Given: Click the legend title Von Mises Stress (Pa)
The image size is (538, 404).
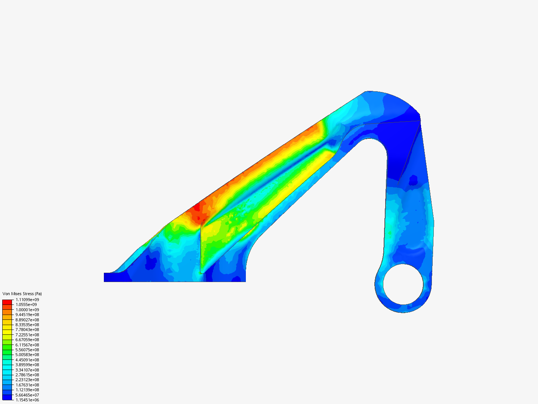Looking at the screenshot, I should [x=22, y=294].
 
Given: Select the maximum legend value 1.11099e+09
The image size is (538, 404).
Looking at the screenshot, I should [x=27, y=300].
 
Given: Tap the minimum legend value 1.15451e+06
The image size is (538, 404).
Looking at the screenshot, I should [x=27, y=400].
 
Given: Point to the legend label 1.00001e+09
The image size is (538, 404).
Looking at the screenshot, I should [x=27, y=310].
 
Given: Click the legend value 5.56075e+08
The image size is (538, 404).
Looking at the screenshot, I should [x=27, y=350].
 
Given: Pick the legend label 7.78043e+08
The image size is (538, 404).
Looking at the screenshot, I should [x=27, y=330].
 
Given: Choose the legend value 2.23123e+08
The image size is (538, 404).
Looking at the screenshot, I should [x=27, y=380].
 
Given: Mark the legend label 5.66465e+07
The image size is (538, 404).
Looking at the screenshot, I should [x=27, y=395].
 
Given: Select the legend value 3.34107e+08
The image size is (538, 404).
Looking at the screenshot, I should [x=27, y=370].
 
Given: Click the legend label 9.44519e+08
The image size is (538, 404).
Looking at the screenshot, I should [x=27, y=315].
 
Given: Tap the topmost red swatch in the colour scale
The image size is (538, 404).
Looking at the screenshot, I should [x=7, y=302].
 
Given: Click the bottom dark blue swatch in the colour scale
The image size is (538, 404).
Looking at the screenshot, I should [x=7, y=397].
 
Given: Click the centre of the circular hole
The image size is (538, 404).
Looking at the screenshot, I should [x=403, y=284].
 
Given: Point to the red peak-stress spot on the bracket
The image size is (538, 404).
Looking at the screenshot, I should [x=197, y=207].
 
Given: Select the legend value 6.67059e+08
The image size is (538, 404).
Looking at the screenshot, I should [x=27, y=340].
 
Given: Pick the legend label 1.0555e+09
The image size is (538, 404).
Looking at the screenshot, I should [x=26, y=304].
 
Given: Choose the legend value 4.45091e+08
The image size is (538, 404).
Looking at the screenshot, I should [x=27, y=360].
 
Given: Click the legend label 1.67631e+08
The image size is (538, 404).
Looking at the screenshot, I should [x=27, y=385].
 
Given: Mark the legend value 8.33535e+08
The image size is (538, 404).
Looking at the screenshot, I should [x=27, y=325].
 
